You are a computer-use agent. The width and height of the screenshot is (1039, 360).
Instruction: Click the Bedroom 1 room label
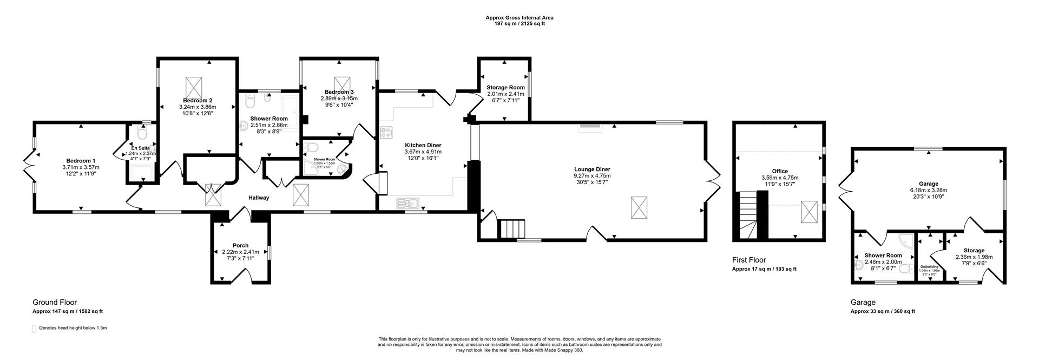[81, 161]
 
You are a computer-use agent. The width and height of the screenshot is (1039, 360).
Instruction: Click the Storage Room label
[505, 87]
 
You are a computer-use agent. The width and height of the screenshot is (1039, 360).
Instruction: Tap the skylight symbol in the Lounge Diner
[639, 207]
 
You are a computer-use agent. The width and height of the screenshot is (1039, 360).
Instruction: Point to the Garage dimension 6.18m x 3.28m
[928, 190]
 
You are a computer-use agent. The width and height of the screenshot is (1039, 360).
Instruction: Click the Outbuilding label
[931, 266]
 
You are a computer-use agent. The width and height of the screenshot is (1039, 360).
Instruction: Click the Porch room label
[240, 245]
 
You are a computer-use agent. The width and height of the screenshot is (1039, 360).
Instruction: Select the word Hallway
[259, 198]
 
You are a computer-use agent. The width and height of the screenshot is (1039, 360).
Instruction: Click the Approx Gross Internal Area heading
[519, 18]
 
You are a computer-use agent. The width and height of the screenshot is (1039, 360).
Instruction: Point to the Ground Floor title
[55, 303]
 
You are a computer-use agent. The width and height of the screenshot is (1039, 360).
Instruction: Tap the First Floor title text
[748, 260]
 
